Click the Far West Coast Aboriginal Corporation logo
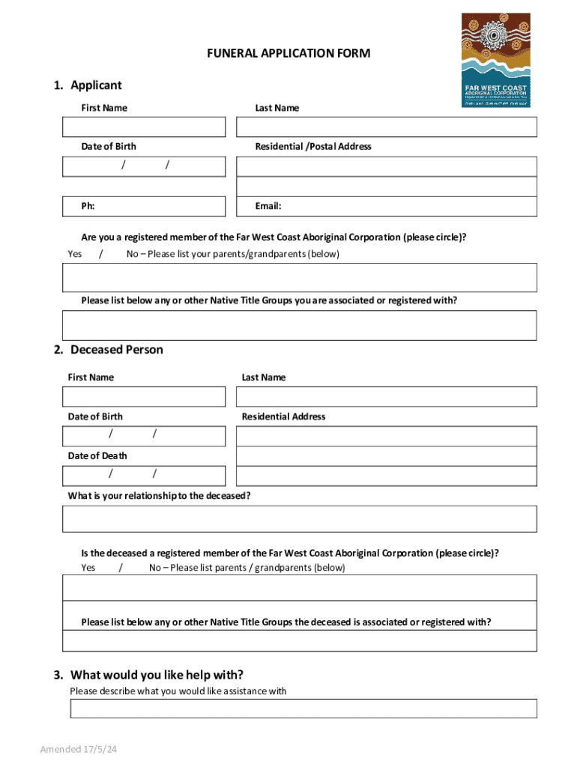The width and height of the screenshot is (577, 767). click(x=495, y=60)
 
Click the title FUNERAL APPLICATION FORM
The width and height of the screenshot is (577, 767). click(x=288, y=54)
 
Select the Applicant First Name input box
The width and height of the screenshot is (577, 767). click(x=144, y=127)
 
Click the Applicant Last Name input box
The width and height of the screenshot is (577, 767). click(x=387, y=127)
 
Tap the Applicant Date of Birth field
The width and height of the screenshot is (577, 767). click(x=144, y=166)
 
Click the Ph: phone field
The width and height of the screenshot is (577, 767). click(x=144, y=206)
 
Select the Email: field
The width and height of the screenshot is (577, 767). click(x=387, y=206)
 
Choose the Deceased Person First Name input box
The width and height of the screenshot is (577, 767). click(x=144, y=397)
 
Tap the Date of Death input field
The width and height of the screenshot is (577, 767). click(x=144, y=475)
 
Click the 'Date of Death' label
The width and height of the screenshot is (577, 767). click(x=97, y=455)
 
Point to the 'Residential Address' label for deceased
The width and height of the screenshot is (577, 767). click(x=283, y=416)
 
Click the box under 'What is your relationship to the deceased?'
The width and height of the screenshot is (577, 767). click(x=300, y=518)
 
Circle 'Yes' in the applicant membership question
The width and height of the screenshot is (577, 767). click(x=75, y=254)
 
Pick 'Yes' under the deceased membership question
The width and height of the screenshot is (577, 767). click(x=88, y=568)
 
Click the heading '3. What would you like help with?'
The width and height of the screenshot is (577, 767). click(x=157, y=674)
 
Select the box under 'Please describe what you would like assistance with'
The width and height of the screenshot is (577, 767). click(x=303, y=709)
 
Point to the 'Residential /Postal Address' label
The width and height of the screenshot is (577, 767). click(x=312, y=147)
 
